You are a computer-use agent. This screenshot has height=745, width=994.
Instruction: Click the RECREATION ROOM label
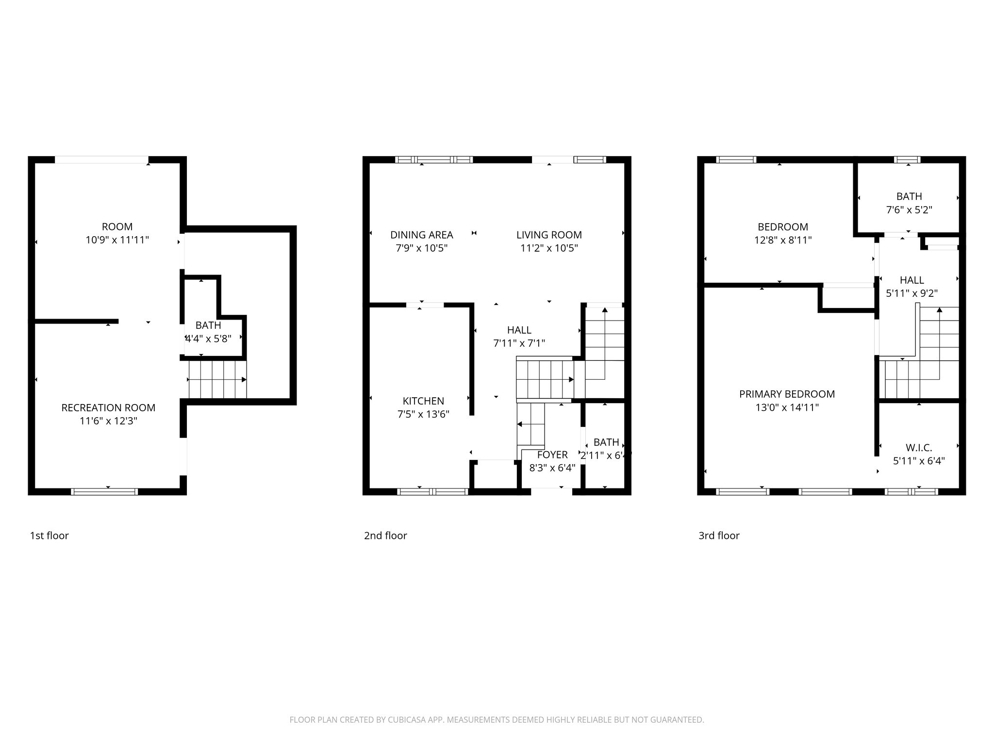click(x=108, y=408)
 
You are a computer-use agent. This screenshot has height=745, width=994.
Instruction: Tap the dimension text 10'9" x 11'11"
click(x=117, y=240)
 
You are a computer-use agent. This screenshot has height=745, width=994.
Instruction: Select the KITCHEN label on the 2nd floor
click(x=423, y=401)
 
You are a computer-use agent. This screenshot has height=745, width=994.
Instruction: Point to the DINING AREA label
click(x=421, y=235)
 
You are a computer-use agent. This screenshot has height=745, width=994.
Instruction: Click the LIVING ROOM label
click(x=549, y=235)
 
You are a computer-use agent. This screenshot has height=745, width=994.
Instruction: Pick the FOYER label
click(x=552, y=455)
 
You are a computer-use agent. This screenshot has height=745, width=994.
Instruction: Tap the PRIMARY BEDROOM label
click(x=787, y=394)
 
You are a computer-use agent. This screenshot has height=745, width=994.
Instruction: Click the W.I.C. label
click(x=919, y=448)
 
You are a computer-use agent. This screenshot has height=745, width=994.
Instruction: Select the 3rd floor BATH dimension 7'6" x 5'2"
click(x=909, y=210)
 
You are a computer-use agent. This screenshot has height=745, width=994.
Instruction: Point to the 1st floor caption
click(x=50, y=535)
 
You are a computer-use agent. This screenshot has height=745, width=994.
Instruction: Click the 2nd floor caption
click(x=385, y=535)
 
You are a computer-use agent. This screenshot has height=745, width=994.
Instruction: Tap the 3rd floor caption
click(x=719, y=535)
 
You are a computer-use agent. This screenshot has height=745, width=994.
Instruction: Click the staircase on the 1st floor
click(x=217, y=380)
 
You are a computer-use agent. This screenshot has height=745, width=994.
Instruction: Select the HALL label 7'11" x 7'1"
click(x=519, y=330)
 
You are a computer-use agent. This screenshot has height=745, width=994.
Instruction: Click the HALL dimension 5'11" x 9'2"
click(x=911, y=293)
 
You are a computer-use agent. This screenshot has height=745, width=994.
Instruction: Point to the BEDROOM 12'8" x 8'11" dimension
click(x=783, y=240)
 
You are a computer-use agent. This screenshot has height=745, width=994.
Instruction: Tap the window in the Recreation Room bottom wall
click(x=104, y=492)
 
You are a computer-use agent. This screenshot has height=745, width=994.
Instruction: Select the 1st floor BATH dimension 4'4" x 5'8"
click(x=208, y=339)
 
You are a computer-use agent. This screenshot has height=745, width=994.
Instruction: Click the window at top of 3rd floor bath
click(x=907, y=160)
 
